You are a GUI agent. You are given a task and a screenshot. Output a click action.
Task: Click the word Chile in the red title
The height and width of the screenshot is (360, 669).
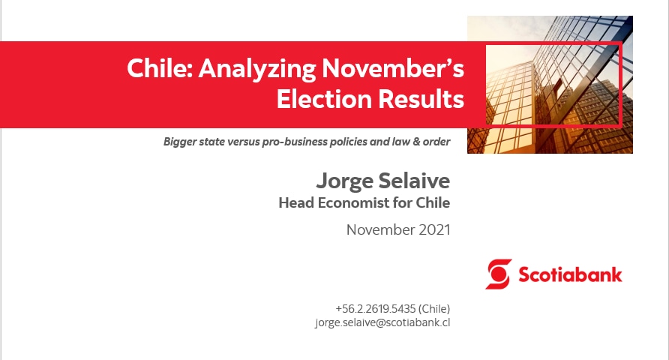point(160,68)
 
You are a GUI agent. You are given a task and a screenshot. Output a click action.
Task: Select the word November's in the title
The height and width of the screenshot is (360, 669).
point(393,68)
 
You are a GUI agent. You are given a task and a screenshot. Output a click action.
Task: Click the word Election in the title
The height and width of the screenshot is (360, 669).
point(324,99)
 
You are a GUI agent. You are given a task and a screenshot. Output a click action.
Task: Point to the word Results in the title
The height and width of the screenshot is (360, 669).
point(421,99)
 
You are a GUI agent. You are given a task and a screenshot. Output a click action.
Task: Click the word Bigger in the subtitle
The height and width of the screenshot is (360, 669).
point(179,142)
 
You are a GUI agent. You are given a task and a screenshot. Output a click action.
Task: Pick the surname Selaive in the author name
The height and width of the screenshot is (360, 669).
point(414,181)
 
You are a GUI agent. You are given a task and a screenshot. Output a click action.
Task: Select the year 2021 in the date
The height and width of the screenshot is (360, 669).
point(434,230)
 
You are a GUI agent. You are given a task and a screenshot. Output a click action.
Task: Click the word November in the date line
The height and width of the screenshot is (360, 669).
point(380,230)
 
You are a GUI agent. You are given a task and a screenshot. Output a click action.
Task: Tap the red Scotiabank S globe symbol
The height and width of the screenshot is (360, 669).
point(498,274)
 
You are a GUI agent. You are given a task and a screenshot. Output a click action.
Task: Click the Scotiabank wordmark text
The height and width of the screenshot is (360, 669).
point(570,274)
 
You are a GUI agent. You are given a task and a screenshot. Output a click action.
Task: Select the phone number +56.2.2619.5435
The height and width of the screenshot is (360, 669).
point(376,309)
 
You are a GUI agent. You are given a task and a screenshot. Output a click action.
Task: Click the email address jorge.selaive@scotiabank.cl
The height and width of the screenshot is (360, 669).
point(382,322)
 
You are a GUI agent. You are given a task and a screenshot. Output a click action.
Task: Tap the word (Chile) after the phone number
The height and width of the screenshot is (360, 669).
point(434,309)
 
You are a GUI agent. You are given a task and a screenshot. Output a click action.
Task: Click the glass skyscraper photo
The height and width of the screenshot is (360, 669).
point(550,85)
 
